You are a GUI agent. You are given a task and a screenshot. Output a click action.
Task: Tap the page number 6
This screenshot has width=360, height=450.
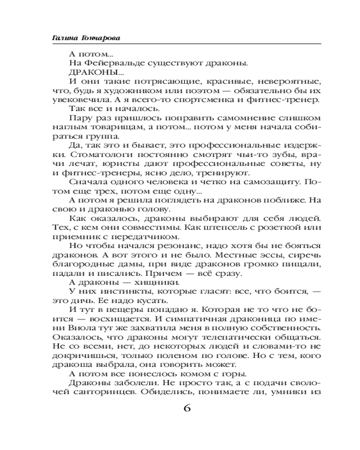(x=187, y=409)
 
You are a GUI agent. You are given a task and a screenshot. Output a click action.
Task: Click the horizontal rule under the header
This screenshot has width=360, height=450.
(x=180, y=44)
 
